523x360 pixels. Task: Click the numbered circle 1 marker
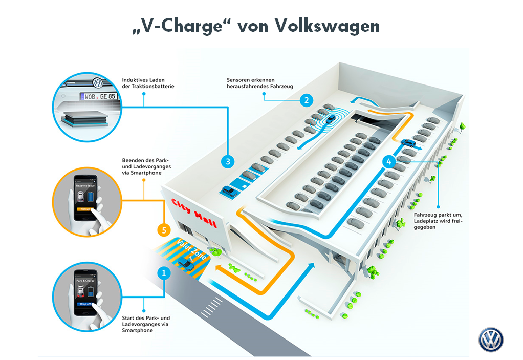coord(163,273)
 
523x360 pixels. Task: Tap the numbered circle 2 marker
coord(306,100)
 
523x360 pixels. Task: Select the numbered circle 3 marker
coord(228,162)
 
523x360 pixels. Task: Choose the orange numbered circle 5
coord(163,230)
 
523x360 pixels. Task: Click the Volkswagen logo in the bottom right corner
coord(491,340)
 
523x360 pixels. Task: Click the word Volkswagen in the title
coord(328,26)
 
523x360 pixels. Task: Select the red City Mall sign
coord(194,211)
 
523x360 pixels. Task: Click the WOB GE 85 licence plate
coord(97,96)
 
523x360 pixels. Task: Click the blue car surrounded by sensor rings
coord(330,119)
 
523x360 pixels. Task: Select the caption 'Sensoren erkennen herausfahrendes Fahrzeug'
coord(259,83)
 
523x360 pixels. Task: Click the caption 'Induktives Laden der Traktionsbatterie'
coord(148,83)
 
